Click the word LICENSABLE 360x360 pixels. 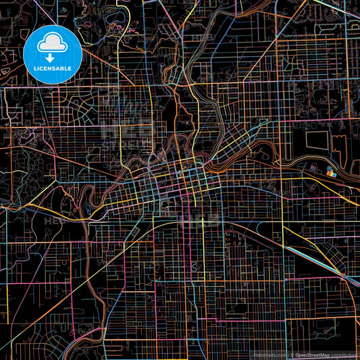coord(53,68)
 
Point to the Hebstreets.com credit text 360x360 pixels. coord(269,355)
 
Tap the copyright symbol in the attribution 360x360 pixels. coord(292,355)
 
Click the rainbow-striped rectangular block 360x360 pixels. coord(330,174)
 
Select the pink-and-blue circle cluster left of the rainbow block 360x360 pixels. coord(315,168)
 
